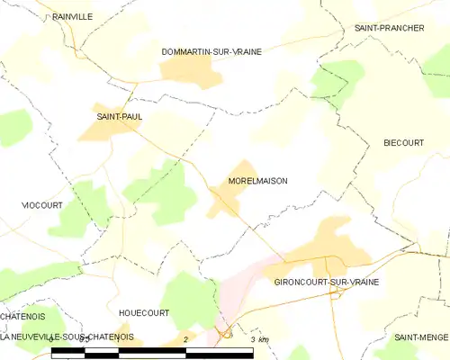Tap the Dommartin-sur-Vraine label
(x=211, y=52)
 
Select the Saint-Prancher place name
(x=389, y=28)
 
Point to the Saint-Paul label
(x=120, y=117)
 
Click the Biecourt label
(x=403, y=143)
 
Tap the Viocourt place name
(x=42, y=205)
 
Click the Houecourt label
(x=144, y=313)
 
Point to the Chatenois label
(x=23, y=316)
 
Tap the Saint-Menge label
(x=421, y=337)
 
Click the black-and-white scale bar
(x=153, y=353)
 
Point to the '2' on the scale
(x=184, y=339)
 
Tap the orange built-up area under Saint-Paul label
(x=112, y=131)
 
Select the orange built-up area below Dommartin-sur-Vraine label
(x=192, y=71)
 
